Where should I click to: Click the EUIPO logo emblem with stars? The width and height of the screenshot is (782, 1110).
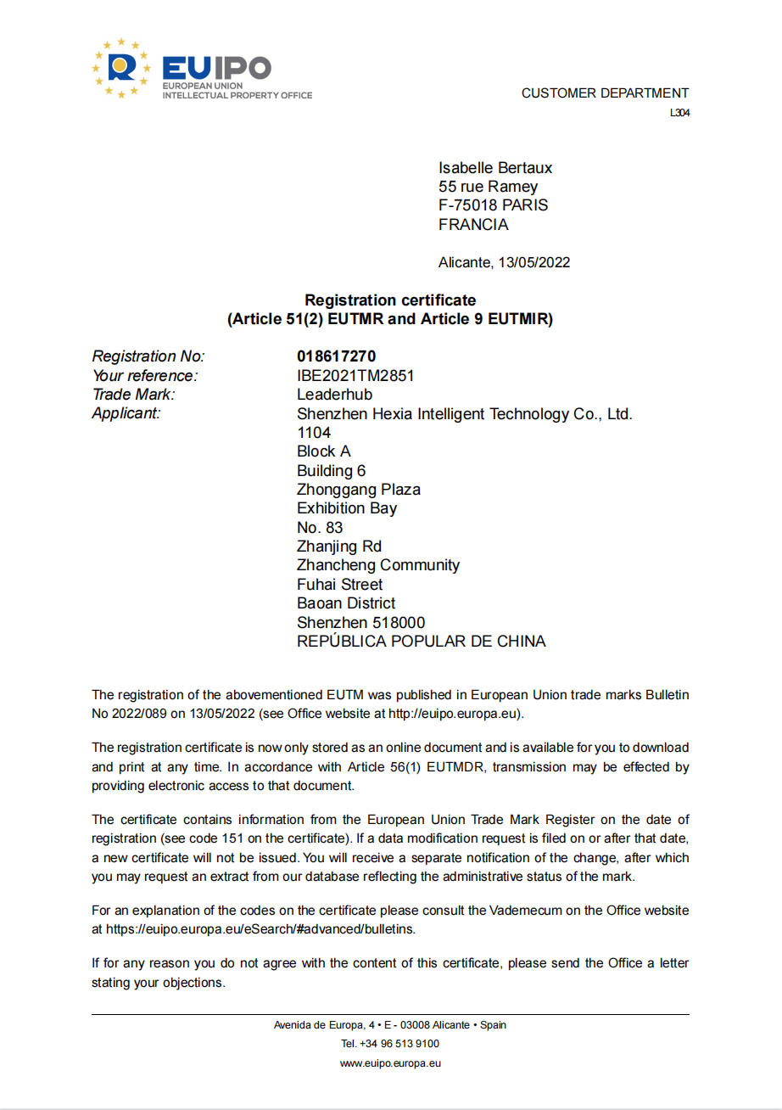click(x=121, y=68)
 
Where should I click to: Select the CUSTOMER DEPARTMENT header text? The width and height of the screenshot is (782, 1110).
click(x=605, y=93)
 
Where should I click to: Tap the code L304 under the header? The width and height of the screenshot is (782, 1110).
click(x=679, y=113)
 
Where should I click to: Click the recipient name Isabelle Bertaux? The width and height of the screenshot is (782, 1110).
click(x=495, y=168)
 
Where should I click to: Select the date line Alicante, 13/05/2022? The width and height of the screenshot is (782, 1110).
click(x=504, y=262)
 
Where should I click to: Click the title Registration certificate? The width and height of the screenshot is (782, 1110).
click(x=390, y=300)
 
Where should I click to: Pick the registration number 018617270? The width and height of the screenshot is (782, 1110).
click(x=336, y=356)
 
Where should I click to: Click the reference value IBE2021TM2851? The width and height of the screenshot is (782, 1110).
click(x=355, y=375)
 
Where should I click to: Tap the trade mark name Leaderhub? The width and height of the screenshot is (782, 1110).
click(x=334, y=395)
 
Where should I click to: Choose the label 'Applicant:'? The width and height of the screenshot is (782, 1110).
click(x=126, y=413)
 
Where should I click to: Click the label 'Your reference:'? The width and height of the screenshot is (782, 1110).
click(x=145, y=375)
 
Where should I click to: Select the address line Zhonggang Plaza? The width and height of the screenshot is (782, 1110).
click(x=358, y=490)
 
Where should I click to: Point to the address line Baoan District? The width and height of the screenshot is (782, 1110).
click(x=346, y=603)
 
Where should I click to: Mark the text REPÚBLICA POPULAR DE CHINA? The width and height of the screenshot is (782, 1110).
click(x=421, y=642)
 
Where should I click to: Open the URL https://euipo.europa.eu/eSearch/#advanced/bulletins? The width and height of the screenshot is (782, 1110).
click(x=260, y=929)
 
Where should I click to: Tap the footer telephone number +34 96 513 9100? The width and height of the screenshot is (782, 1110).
click(x=402, y=1044)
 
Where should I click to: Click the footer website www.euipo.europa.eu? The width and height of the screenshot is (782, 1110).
click(x=390, y=1062)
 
